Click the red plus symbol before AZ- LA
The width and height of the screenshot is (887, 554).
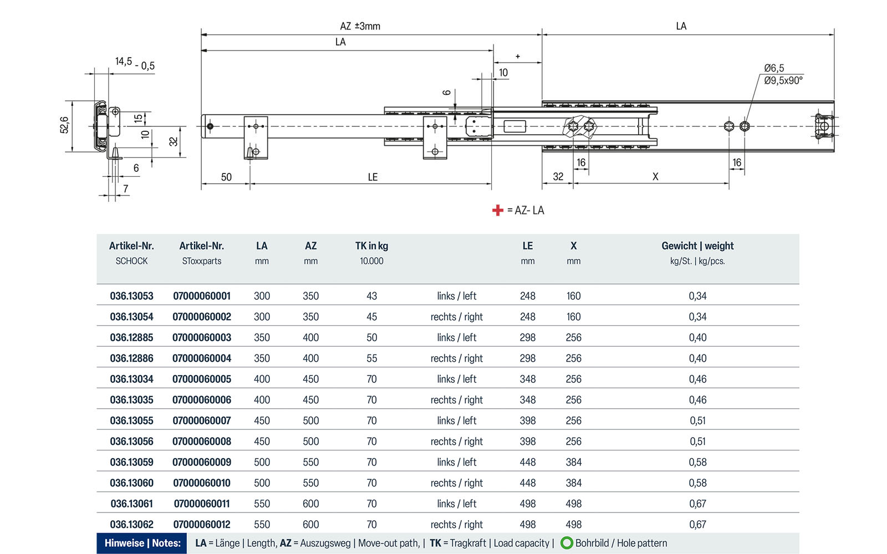(x=497, y=211)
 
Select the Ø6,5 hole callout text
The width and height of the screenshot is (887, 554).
(x=774, y=68)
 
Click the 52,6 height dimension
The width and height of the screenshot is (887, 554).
(x=64, y=125)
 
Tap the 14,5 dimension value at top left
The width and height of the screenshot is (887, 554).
(x=123, y=61)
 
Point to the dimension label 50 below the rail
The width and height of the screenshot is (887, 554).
(x=226, y=177)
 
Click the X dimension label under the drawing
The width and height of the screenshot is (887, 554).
(x=655, y=177)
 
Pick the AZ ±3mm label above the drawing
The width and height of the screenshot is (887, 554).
(x=360, y=26)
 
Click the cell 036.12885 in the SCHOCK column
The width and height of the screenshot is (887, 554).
(x=131, y=337)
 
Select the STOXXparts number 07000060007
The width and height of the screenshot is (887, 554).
(x=202, y=420)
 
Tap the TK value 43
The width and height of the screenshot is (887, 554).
(x=371, y=296)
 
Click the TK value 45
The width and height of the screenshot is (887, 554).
(x=371, y=317)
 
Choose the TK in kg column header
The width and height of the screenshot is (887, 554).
(x=371, y=246)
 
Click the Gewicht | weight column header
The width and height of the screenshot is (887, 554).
(x=697, y=246)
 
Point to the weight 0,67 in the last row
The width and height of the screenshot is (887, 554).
(x=697, y=524)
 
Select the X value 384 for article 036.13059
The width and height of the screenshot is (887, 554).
(x=573, y=462)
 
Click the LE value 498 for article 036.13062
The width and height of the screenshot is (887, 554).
(x=527, y=524)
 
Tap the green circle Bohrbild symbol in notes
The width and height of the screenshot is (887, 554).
(x=567, y=543)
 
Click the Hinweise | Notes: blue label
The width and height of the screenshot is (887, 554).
(x=142, y=543)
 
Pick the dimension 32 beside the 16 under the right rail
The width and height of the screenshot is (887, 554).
(x=558, y=177)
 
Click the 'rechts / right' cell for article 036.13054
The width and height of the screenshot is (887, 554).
(x=456, y=317)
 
